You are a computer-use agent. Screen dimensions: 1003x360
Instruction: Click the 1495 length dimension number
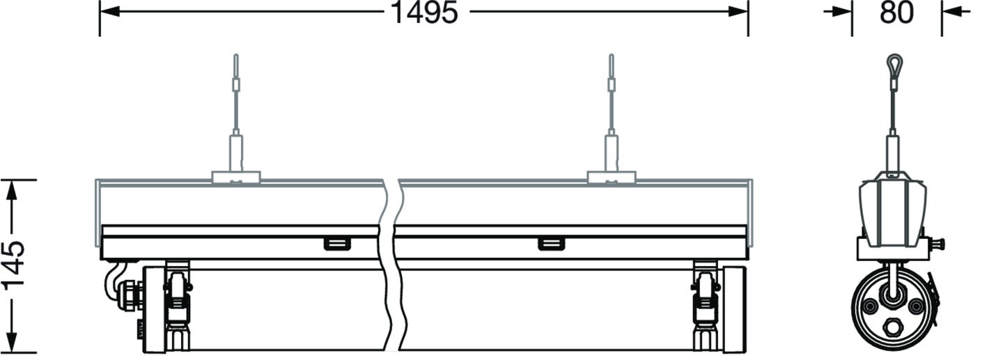[x=424, y=13]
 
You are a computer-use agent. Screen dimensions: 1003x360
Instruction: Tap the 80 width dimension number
[x=896, y=13]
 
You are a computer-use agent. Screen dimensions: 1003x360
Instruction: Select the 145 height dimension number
[x=13, y=266]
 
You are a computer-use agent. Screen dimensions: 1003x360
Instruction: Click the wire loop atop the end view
[x=894, y=66]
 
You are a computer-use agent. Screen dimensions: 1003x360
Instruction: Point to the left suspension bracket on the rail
[x=236, y=178]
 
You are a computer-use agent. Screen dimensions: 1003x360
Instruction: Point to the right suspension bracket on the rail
[x=612, y=178]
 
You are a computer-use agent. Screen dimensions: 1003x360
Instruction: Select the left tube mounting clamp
[x=178, y=309]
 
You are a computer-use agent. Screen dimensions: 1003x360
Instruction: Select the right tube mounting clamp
[x=706, y=309]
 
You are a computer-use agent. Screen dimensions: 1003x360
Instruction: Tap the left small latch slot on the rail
[x=337, y=244]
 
